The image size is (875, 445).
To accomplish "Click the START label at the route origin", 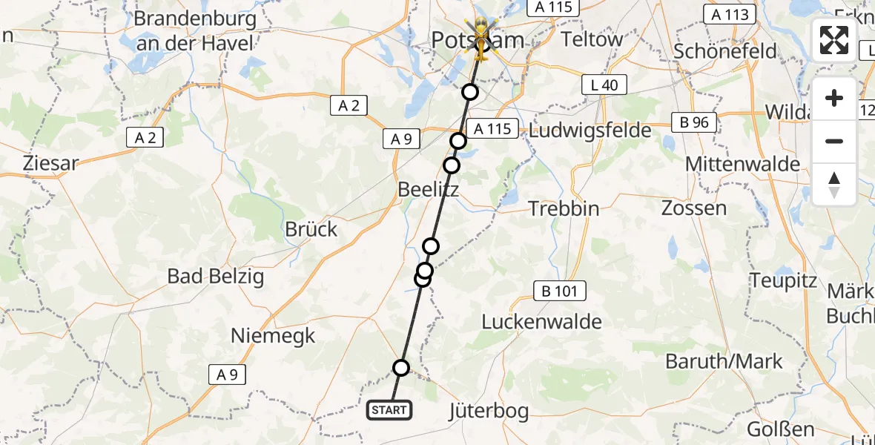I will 389,409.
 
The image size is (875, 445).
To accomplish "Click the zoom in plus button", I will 834,99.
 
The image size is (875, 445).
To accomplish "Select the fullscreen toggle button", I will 834,39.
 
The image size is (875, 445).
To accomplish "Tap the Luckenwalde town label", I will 541,322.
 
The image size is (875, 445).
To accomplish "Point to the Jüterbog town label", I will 489,411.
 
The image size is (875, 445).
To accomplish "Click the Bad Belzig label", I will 216,277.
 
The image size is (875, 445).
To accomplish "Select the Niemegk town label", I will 273,335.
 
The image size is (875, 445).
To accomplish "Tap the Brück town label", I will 311,229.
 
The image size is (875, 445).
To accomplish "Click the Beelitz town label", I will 428,189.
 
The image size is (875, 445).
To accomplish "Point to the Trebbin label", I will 564,208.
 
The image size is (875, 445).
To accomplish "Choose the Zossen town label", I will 694,208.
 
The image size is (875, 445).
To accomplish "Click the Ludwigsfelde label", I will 590,131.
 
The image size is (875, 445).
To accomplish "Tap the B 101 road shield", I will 560,291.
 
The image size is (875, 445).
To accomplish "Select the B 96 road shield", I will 694,122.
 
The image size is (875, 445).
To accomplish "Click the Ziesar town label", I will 50,163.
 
